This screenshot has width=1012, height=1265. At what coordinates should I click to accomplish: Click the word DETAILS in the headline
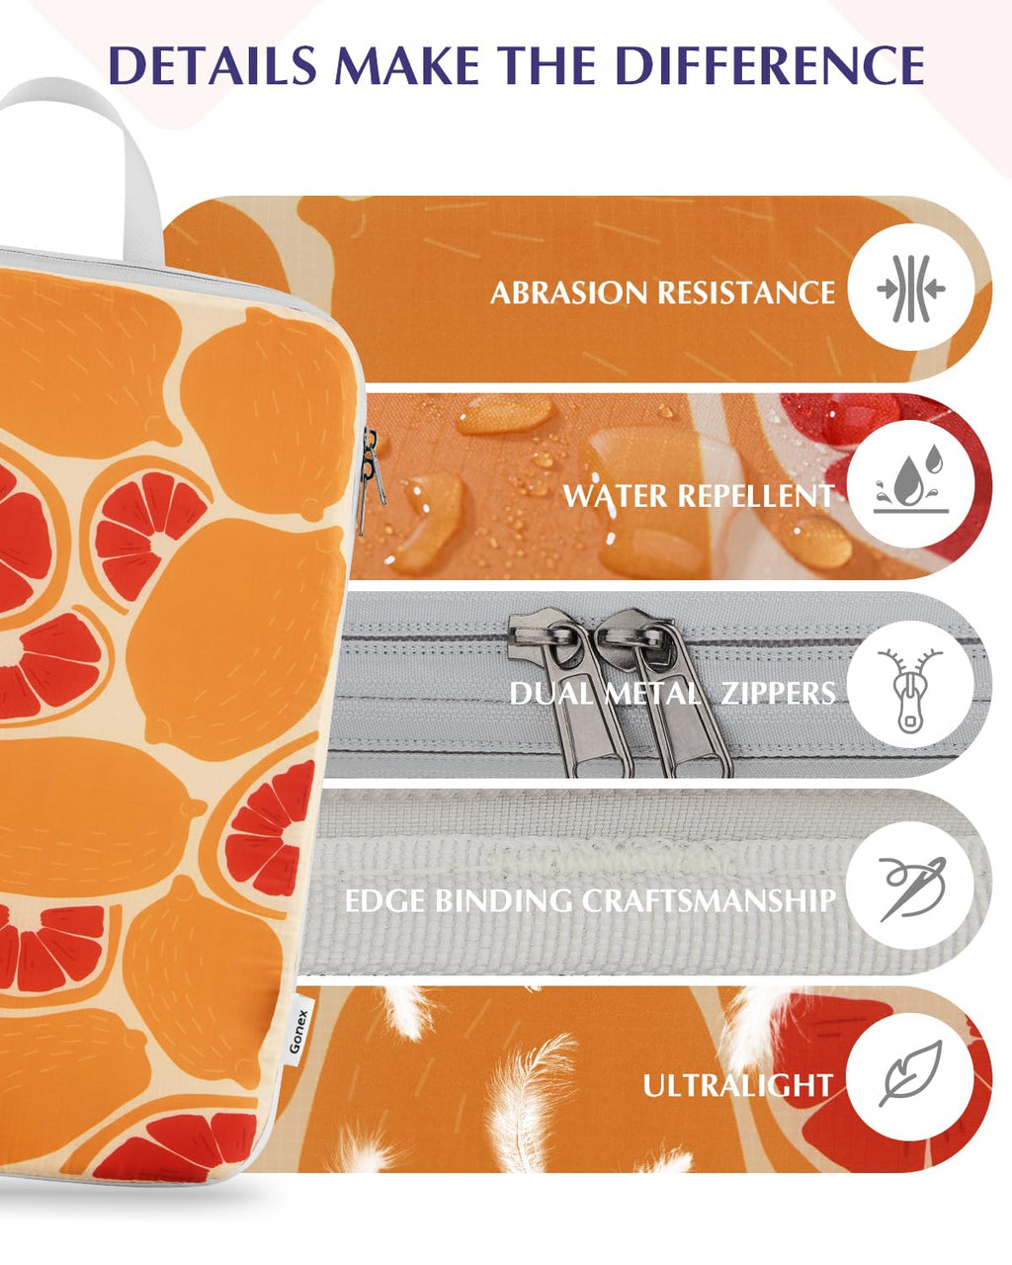pyautogui.click(x=212, y=64)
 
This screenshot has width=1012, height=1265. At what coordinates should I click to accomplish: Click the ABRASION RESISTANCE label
pyautogui.click(x=663, y=293)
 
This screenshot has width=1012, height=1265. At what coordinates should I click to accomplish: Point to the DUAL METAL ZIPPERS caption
pyautogui.click(x=672, y=694)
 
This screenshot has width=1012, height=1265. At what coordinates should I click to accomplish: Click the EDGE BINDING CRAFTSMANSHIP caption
pyautogui.click(x=590, y=900)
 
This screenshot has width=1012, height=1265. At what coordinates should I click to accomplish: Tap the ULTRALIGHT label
pyautogui.click(x=738, y=1085)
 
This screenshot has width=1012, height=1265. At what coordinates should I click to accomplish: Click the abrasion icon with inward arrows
pyautogui.click(x=911, y=289)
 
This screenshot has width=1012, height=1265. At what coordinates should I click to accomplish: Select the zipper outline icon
pyautogui.click(x=909, y=691)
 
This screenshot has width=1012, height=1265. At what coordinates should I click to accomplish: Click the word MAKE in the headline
pyautogui.click(x=407, y=64)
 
